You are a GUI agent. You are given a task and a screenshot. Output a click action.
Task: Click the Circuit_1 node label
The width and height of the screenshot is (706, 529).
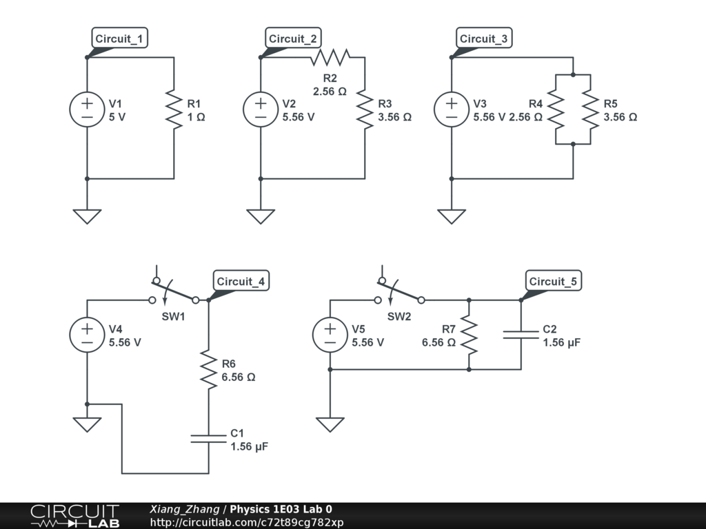[120, 39]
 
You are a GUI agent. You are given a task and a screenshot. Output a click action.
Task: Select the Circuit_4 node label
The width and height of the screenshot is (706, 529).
[241, 281]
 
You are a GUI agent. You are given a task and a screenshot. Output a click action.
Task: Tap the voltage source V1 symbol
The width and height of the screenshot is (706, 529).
[87, 110]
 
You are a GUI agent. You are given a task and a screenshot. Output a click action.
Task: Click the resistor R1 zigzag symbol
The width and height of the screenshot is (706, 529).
[174, 110]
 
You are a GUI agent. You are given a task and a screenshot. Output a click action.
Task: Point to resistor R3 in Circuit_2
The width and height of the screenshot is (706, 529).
[365, 110]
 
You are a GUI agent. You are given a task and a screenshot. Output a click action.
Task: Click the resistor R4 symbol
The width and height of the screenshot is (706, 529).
[556, 110]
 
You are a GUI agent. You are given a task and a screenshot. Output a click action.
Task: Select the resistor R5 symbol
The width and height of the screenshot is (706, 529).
[591, 110]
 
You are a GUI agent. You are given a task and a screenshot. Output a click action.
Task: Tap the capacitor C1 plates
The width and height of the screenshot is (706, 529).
[208, 439]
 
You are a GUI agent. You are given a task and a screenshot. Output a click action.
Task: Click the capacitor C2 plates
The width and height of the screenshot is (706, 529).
[521, 334]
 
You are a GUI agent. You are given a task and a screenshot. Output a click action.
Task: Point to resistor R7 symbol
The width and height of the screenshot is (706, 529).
[469, 334]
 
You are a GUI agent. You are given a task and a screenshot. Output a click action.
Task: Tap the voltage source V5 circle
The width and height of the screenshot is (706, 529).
[330, 334]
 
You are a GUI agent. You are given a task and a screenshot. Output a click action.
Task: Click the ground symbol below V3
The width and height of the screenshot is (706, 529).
[452, 216]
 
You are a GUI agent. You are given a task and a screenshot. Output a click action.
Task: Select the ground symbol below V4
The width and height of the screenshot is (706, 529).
[87, 424]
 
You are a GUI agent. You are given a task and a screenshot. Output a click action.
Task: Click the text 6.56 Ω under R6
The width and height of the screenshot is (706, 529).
[239, 377]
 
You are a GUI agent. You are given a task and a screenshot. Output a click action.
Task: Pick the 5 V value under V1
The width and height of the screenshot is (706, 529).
[117, 117]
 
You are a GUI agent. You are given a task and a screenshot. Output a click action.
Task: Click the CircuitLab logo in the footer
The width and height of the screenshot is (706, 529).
[74, 515]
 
